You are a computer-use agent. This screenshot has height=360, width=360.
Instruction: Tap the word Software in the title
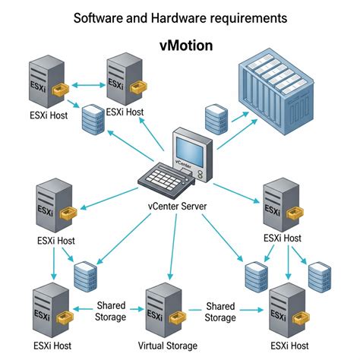pos(97,16)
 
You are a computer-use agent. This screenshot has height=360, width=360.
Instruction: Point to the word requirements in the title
pos(250,16)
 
